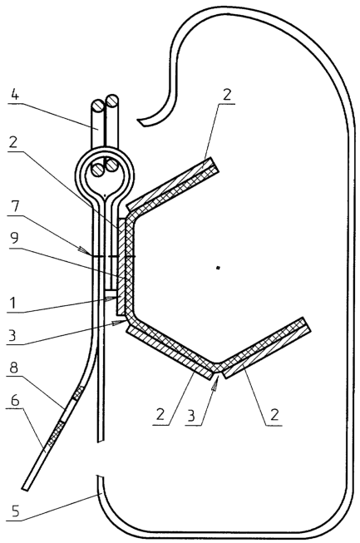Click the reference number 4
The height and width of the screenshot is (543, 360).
[15, 94]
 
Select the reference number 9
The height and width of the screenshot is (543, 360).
[14, 239]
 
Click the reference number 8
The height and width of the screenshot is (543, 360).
[14, 368]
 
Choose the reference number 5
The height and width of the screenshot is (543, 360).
[14, 511]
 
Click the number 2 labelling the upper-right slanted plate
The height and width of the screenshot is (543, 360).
[226, 95]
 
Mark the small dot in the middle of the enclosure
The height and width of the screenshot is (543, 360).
[218, 268]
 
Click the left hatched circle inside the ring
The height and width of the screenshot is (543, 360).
[97, 170]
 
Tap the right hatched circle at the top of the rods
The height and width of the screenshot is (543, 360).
[112, 101]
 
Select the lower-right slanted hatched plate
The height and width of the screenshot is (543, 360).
[267, 348]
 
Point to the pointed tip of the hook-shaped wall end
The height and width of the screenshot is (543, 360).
[138, 121]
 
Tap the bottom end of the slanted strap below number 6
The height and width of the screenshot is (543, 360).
[24, 489]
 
